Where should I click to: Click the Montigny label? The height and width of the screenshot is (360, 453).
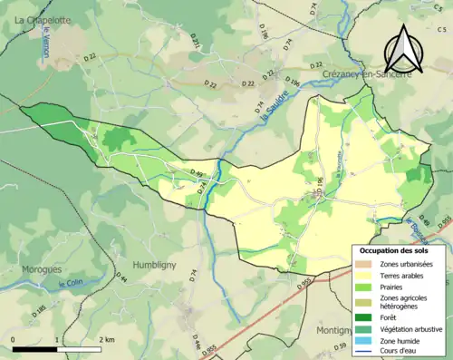[x=335, y=331]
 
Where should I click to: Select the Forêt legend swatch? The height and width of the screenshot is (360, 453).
[x=367, y=316]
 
